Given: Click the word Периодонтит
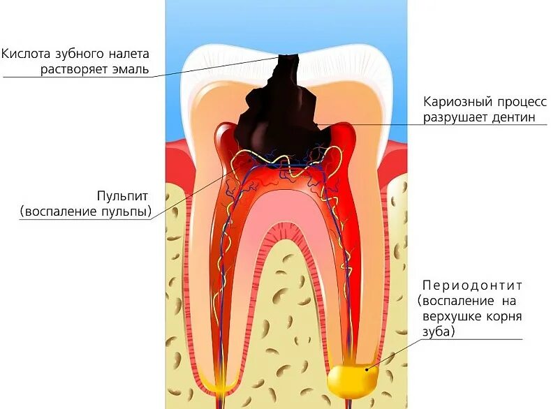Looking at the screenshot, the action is (472, 285).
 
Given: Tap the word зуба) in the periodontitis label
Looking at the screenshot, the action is (437, 332).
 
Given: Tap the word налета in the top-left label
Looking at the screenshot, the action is (127, 54).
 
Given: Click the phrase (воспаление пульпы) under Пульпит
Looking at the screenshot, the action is (86, 211).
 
